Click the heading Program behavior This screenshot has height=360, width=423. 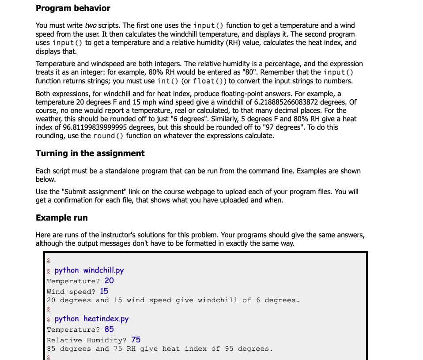(73, 8)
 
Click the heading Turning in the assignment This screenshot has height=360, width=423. (90, 154)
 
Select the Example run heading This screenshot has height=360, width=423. (62, 218)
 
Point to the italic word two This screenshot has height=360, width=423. (90, 26)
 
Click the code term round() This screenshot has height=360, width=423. (109, 136)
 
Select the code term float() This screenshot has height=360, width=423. (207, 81)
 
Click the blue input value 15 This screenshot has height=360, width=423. (104, 291)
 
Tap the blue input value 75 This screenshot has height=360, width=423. (136, 340)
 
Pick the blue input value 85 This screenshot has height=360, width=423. (109, 329)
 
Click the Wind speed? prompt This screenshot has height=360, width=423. (71, 292)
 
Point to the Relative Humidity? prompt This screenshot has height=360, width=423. (87, 340)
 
